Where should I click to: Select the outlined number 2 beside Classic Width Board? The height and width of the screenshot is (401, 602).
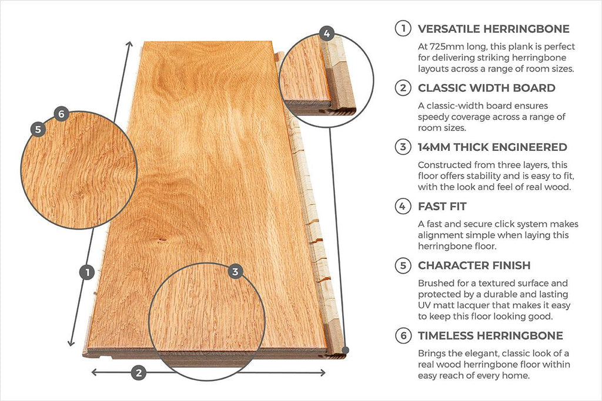(403, 88)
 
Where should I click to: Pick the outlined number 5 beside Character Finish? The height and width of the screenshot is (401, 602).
(403, 266)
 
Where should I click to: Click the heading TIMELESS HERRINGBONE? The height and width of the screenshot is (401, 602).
(490, 336)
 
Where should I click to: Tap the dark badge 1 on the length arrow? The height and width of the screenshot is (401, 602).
(87, 272)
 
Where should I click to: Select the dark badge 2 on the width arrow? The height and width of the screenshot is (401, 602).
(138, 372)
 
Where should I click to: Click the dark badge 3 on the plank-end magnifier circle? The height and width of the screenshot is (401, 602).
(235, 272)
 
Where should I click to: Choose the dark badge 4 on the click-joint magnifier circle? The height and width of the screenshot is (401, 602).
(327, 33)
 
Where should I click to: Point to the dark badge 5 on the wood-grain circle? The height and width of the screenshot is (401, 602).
(38, 130)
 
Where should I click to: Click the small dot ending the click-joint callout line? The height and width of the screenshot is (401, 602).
(346, 350)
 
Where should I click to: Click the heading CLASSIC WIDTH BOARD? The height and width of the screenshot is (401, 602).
(486, 88)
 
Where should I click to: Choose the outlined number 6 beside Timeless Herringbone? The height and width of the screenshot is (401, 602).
(403, 336)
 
